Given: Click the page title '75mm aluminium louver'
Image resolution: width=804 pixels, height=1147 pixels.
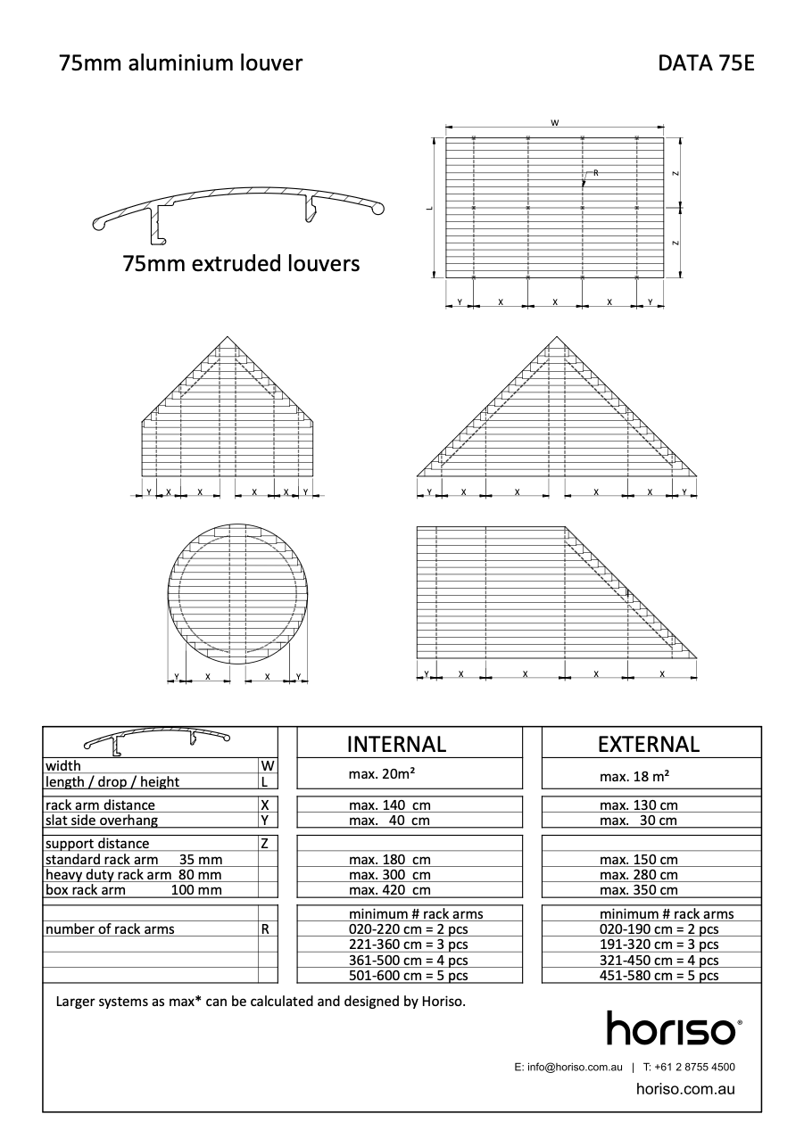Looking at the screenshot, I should coord(180,63).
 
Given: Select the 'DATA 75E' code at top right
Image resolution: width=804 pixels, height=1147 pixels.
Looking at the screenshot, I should coord(706,63).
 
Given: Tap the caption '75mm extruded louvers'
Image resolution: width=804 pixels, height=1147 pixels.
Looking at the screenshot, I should coord(242,264).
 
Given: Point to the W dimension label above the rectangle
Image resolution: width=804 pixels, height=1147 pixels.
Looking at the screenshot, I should coord(554,123).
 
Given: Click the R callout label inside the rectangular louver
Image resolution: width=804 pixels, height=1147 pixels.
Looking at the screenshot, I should coord(595,171).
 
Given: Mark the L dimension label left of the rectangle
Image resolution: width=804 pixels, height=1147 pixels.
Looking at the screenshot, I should coord(429,208).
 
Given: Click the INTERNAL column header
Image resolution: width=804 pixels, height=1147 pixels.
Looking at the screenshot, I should coord(396,744).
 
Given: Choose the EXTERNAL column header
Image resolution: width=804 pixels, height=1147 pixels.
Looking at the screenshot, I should coord(649,744).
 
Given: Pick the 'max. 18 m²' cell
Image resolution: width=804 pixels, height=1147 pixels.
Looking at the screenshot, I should coord(634,777).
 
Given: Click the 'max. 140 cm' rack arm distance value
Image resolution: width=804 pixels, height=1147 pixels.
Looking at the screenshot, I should coord(389,805).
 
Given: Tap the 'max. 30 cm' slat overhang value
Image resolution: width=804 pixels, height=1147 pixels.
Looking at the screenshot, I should coord(638,821).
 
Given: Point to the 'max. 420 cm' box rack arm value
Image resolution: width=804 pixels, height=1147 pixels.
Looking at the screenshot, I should coord(389,890).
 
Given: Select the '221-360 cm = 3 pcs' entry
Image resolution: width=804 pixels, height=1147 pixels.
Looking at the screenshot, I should coord(408,945).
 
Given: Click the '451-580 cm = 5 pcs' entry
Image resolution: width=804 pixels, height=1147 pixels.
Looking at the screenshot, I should coord(659,976).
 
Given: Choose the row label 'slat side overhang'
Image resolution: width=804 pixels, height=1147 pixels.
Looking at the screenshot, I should coord(102,821).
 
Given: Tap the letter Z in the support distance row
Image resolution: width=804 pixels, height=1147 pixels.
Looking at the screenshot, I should coord(265,844).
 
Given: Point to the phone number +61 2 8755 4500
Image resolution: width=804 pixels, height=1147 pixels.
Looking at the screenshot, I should coord(694,1067).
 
